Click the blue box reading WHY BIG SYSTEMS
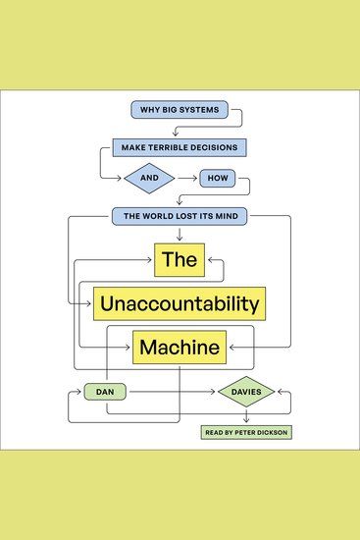179,110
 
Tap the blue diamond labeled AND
148,179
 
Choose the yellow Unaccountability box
180,301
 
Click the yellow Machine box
180,346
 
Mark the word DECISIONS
217,147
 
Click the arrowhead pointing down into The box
179,236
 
